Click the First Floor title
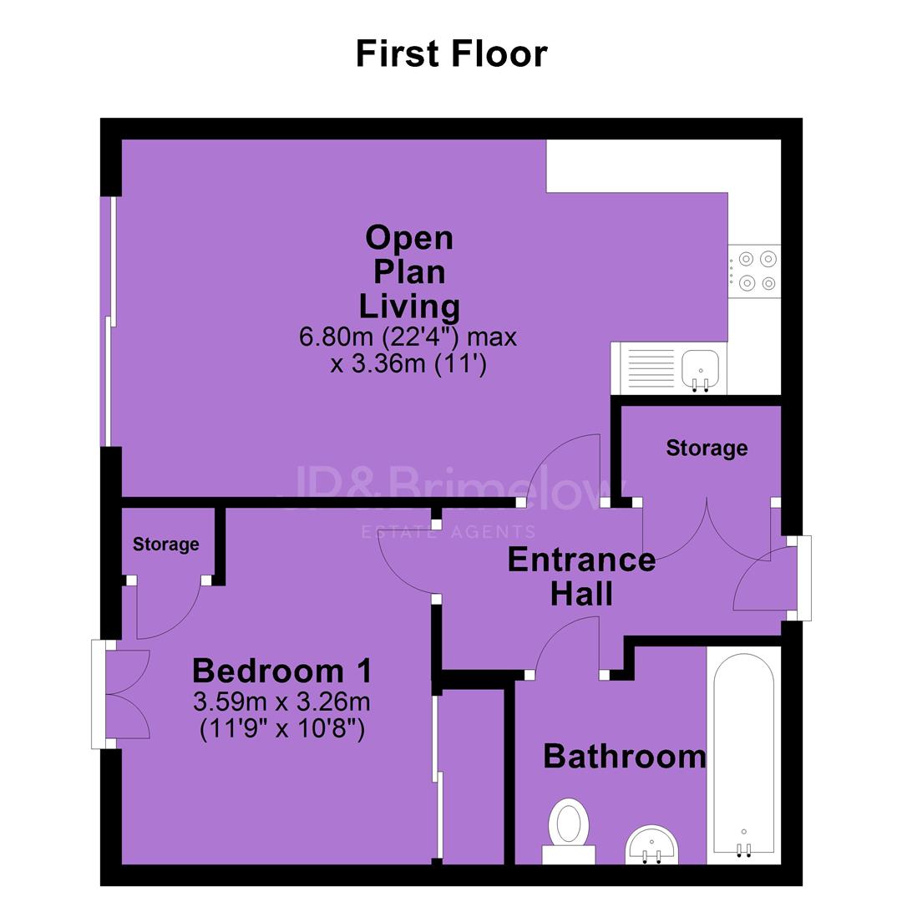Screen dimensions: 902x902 tap(452, 53)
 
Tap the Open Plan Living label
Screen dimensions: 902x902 tap(409, 271)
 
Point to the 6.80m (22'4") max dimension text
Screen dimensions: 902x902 tap(408, 337)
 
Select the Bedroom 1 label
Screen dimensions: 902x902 tap(282, 671)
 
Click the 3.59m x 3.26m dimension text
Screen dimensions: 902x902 tap(282, 702)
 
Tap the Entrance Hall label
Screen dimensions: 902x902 tap(581, 576)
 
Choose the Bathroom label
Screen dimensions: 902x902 tap(625, 756)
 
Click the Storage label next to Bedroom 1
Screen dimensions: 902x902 tap(165, 545)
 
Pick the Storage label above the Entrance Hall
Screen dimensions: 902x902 tap(707, 448)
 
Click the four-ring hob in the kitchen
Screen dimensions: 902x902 tap(754, 271)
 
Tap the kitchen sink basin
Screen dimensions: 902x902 tap(700, 368)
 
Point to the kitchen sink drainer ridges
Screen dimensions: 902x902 tap(651, 368)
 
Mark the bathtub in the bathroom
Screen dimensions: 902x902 tap(744, 755)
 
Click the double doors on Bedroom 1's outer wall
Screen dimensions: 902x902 tap(128, 694)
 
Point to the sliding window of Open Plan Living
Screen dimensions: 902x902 tap(110, 321)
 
